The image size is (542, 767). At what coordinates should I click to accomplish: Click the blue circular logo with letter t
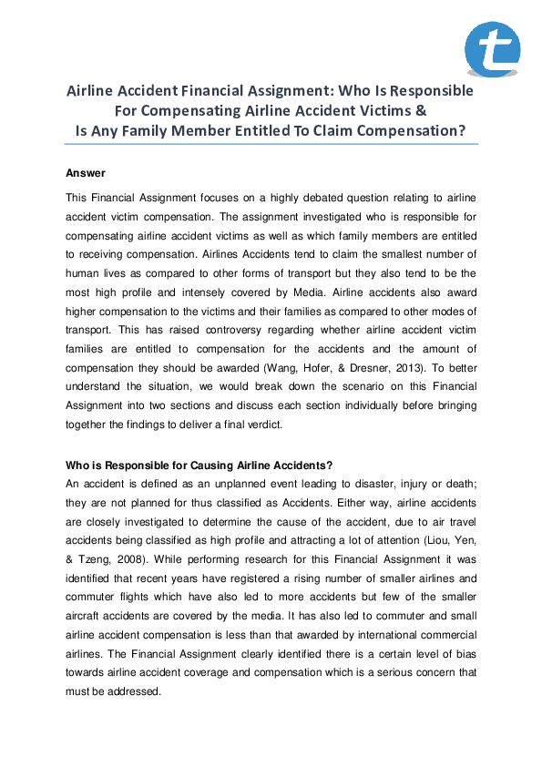click(x=493, y=48)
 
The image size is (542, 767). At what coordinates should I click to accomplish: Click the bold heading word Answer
click(x=86, y=173)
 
